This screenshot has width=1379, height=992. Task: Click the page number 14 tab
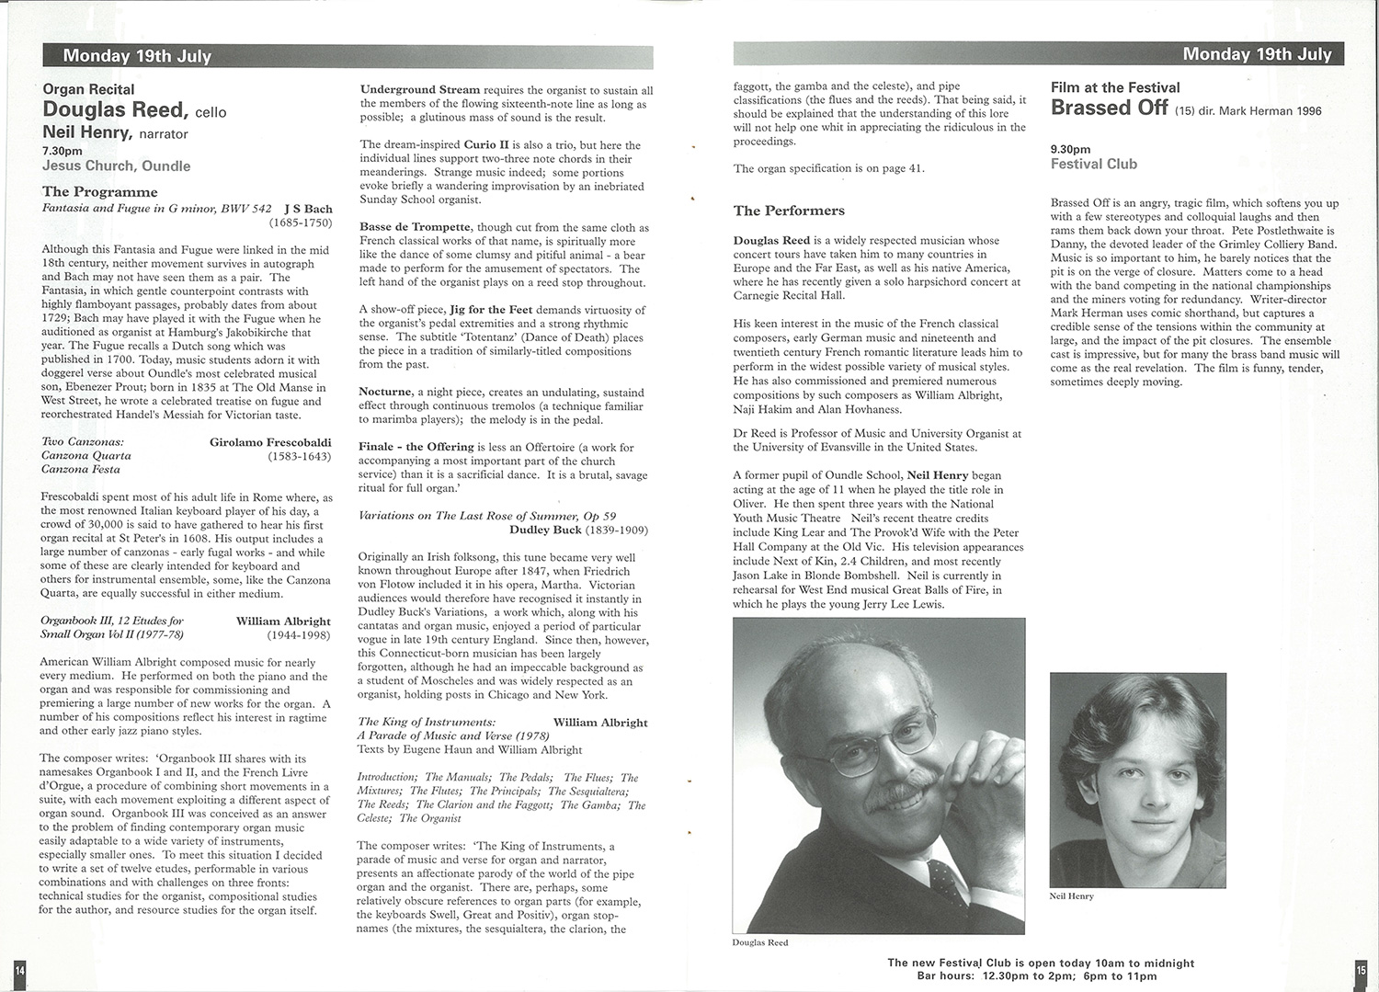tap(19, 970)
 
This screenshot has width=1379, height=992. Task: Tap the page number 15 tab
tap(1361, 969)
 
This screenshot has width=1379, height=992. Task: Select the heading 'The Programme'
tap(99, 191)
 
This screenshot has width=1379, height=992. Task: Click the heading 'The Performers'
tap(789, 211)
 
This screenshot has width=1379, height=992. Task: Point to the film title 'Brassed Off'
tap(1109, 108)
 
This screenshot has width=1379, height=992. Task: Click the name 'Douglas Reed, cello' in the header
tap(134, 110)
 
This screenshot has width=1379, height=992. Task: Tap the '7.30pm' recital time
tap(62, 151)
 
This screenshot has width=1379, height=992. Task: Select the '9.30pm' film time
tap(1070, 149)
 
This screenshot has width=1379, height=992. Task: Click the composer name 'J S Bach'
tap(308, 209)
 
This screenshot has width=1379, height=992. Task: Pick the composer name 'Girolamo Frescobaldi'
tap(270, 442)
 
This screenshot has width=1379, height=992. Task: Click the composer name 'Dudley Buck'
tap(545, 530)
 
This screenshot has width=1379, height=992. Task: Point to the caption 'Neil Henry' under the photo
tap(1071, 895)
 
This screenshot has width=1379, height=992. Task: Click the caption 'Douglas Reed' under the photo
tap(759, 942)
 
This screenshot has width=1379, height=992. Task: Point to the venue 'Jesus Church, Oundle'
tap(116, 166)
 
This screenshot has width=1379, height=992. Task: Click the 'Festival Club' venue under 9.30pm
tap(1093, 165)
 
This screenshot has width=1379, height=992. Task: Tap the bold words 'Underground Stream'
tap(419, 90)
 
